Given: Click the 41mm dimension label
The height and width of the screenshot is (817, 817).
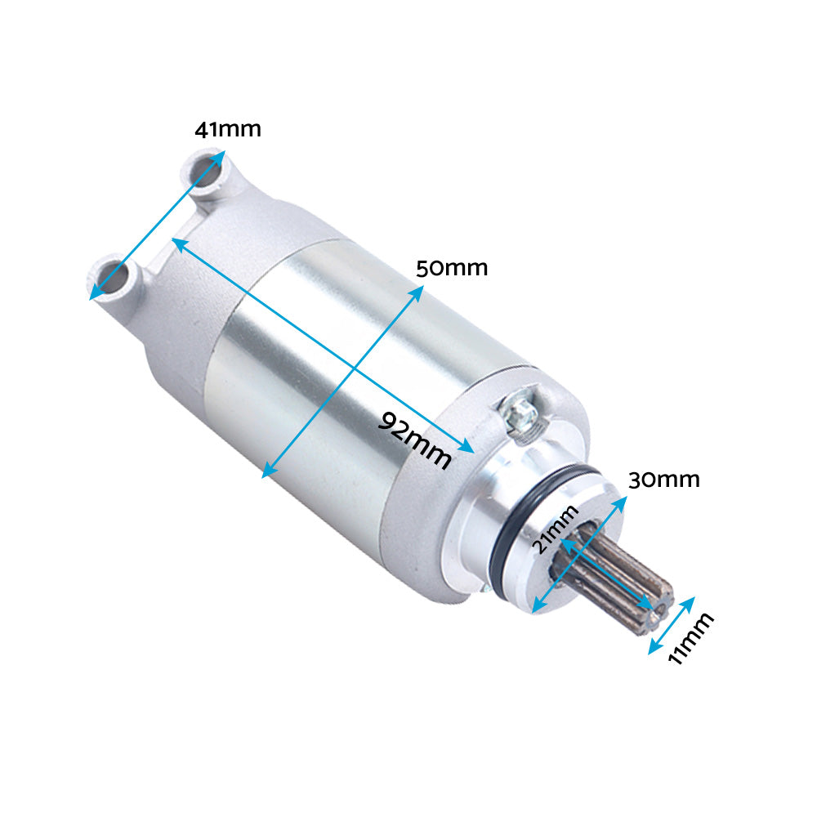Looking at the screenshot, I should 227,129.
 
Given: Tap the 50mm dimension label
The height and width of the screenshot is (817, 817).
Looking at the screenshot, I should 451,268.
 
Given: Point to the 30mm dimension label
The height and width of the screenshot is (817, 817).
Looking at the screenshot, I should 663,480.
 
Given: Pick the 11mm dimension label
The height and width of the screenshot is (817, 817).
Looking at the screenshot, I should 690,639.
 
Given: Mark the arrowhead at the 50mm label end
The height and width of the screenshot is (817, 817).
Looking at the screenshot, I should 418,291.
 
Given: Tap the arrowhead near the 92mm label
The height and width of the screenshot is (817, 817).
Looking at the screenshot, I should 468,447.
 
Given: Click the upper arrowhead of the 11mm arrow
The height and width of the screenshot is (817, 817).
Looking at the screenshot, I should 690,601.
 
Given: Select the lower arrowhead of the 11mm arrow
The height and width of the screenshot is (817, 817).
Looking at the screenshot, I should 653,650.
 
